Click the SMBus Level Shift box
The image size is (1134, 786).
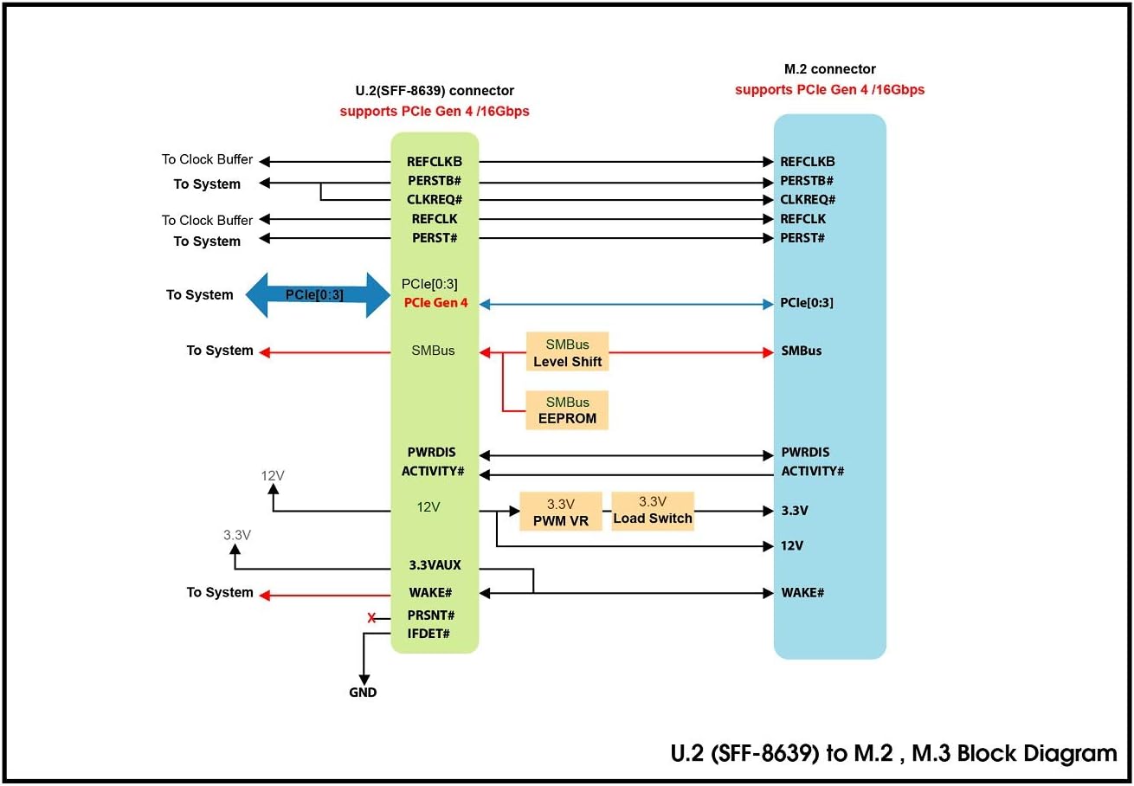click(x=567, y=352)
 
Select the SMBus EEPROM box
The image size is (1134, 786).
click(x=567, y=410)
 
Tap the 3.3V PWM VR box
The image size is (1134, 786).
click(x=560, y=512)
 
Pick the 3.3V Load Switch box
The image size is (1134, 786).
click(x=653, y=511)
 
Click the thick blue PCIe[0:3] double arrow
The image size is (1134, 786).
click(x=319, y=295)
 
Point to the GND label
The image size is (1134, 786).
click(x=363, y=693)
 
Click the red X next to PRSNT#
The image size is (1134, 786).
click(x=371, y=618)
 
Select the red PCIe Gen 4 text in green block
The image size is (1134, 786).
click(x=435, y=304)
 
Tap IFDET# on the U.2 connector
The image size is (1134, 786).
click(x=428, y=634)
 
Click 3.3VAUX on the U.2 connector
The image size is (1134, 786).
click(x=435, y=565)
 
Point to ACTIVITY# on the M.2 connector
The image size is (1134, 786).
click(x=812, y=471)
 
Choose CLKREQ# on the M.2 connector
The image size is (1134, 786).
click(x=808, y=200)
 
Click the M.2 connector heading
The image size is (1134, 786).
click(x=829, y=69)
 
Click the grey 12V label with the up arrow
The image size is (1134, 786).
click(x=273, y=475)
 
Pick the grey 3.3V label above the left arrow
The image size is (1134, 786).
click(x=236, y=535)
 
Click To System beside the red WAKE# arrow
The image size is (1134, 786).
click(x=220, y=593)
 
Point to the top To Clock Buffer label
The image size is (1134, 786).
click(x=207, y=159)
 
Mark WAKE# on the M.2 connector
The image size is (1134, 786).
click(x=802, y=593)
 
